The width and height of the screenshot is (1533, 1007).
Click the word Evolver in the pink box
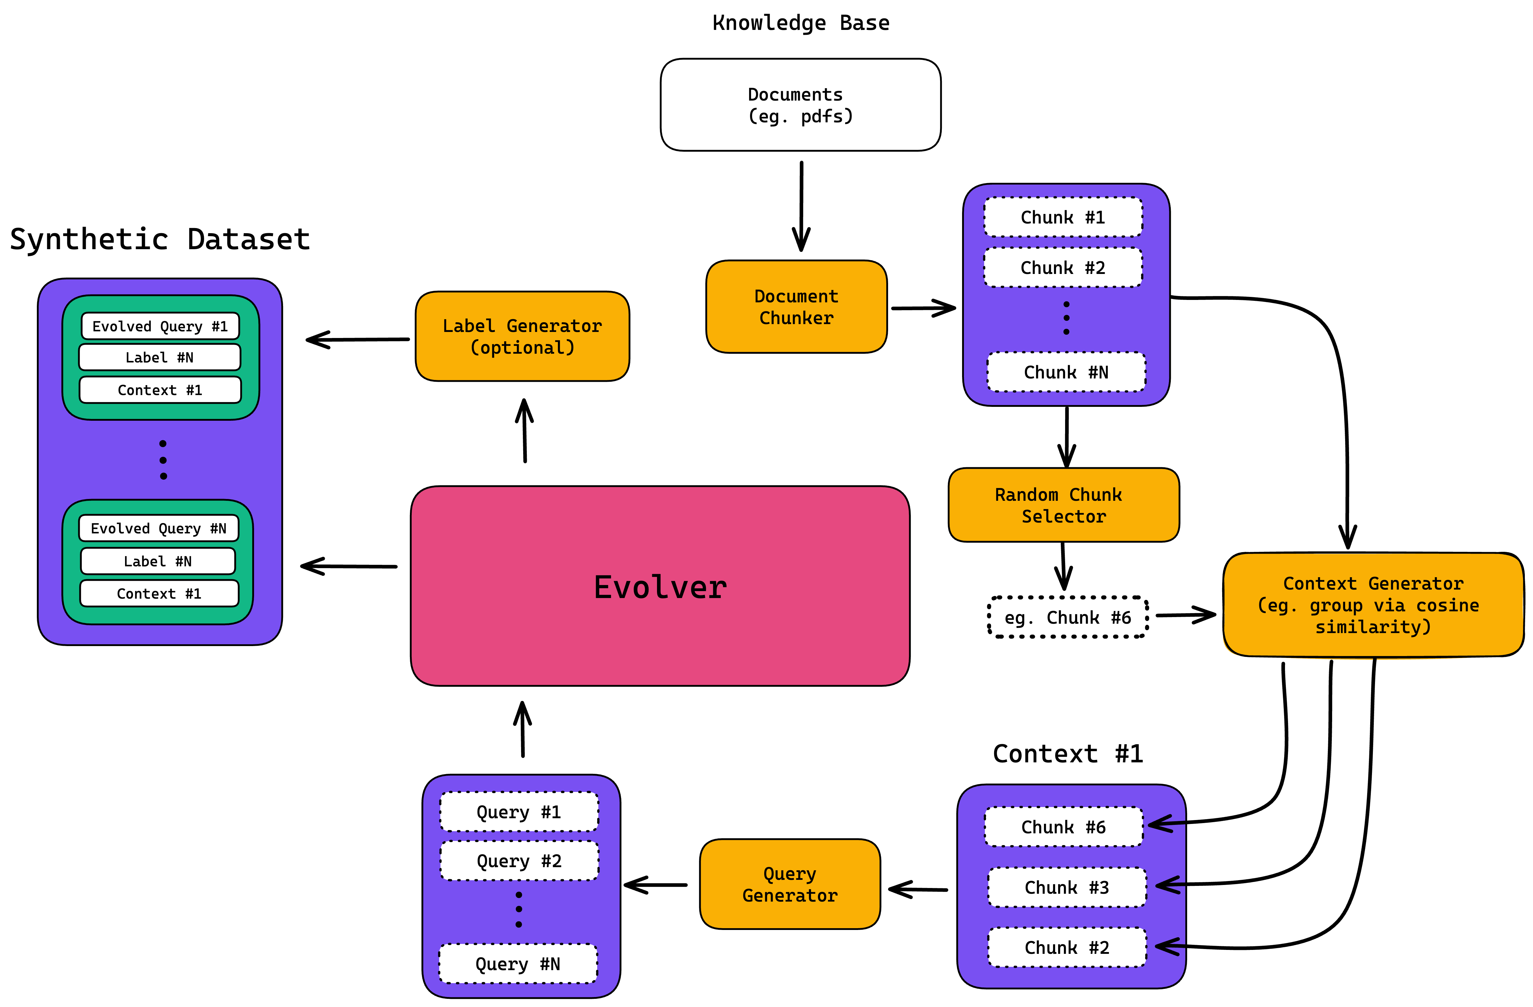[x=660, y=587]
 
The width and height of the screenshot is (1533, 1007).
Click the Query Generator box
[x=790, y=884]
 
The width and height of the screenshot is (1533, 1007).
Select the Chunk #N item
[x=1066, y=372]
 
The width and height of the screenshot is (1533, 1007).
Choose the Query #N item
[x=518, y=964]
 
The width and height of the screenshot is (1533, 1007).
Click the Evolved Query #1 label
[x=160, y=327]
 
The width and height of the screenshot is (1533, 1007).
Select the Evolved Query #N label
[x=159, y=529]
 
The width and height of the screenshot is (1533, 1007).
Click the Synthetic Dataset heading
[x=160, y=240]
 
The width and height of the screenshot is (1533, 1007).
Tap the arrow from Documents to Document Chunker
[x=801, y=206]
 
